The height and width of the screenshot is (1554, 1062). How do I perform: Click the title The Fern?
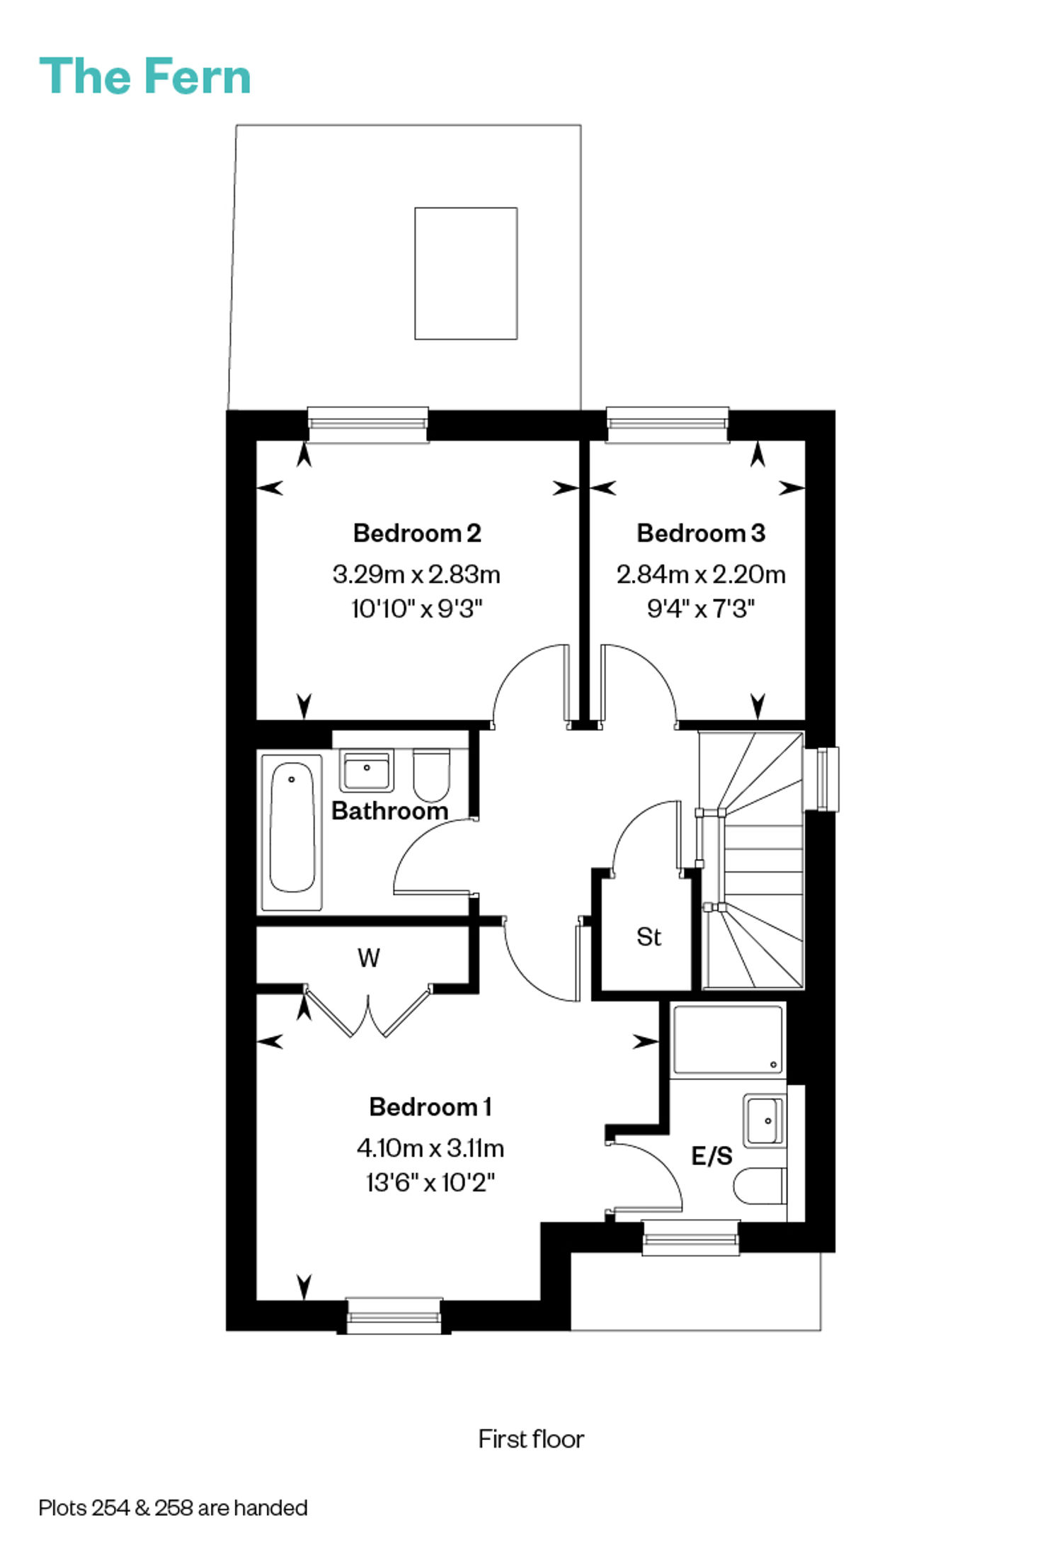pos(145,76)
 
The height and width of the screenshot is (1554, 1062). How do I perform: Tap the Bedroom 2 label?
pos(417,533)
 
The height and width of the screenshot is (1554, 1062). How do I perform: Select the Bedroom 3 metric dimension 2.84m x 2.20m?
pos(701,574)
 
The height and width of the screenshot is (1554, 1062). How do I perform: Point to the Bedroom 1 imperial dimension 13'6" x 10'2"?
pos(430,1182)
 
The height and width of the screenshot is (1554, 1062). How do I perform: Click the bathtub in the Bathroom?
pos(292,832)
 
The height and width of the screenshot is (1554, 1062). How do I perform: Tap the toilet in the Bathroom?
pos(430,775)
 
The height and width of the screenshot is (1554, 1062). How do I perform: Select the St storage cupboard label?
pos(649,937)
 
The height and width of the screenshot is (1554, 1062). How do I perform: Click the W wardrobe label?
pos(369,958)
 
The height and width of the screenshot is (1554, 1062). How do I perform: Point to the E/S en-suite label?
pos(712,1157)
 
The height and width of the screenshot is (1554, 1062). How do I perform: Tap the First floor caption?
pos(531,1439)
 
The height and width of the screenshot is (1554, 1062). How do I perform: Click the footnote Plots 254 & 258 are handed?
pos(173,1508)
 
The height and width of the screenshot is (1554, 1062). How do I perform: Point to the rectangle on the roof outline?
pos(466,273)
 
